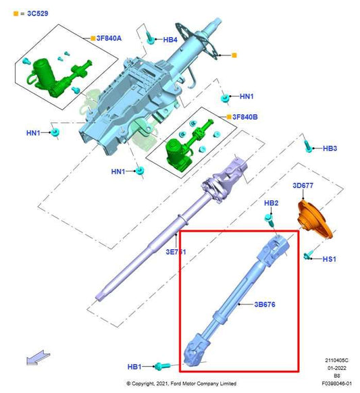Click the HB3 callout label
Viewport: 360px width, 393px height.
(330, 148)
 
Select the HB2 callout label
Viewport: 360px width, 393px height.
(271, 203)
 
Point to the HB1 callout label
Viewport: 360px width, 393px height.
(134, 367)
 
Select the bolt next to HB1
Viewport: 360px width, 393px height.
(160, 367)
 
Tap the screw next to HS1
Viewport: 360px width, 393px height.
(309, 256)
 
